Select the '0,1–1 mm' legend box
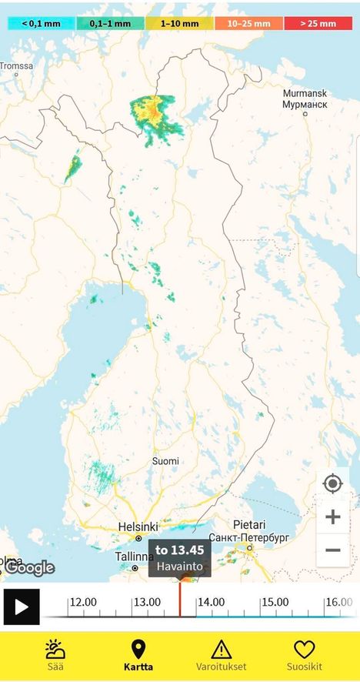[110, 23]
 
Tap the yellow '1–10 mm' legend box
[180, 23]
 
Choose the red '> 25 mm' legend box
[318, 23]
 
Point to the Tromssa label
[16, 66]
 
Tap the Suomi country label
[165, 461]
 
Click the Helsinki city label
[138, 527]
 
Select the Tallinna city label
[134, 557]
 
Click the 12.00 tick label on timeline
[84, 602]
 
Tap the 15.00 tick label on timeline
[275, 602]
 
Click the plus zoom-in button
[332, 517]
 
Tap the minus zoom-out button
[332, 550]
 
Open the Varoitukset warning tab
[222, 655]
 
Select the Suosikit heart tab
[305, 655]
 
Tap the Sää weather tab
[55, 655]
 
